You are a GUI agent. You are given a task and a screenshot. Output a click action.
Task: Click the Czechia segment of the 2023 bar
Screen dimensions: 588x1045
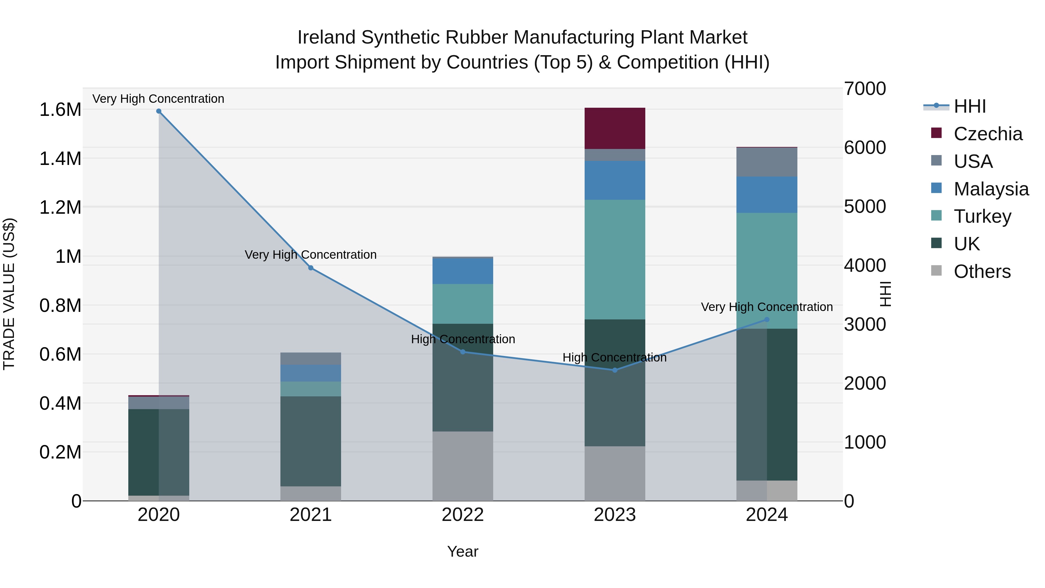[x=615, y=128]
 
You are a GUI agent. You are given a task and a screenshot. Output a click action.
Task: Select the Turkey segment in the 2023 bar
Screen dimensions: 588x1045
[x=615, y=260]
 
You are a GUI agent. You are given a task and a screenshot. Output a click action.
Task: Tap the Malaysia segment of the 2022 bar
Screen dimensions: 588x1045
[x=462, y=271]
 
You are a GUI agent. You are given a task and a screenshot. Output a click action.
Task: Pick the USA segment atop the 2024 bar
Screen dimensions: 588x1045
[x=767, y=162]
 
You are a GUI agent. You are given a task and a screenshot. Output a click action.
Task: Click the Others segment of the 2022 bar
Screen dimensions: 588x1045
[x=462, y=466]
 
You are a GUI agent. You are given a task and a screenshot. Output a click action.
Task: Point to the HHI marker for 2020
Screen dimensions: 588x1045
[x=158, y=111]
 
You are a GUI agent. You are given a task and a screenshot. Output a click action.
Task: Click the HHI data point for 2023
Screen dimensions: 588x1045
[x=615, y=370]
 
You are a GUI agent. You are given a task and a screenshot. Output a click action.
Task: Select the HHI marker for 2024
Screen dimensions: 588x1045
[x=767, y=320]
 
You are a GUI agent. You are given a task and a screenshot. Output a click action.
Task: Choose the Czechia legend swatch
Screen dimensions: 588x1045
[x=936, y=133]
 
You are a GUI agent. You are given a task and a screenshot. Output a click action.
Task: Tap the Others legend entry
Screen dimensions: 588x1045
[x=982, y=271]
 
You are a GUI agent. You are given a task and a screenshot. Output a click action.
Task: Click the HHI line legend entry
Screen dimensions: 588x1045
[x=970, y=106]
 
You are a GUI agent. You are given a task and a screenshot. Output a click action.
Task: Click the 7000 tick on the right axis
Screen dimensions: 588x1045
[x=865, y=89]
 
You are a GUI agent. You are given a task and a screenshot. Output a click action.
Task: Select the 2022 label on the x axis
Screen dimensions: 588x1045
[x=462, y=515]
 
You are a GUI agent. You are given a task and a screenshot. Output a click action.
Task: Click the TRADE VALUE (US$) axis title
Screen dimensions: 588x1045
[x=9, y=294]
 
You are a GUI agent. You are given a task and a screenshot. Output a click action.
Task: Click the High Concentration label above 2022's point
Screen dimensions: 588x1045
[x=463, y=339]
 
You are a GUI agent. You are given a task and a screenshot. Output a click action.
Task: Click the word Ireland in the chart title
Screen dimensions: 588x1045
[x=327, y=37]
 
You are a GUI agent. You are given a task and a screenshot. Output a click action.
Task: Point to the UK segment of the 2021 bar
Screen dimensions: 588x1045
[x=311, y=441]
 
